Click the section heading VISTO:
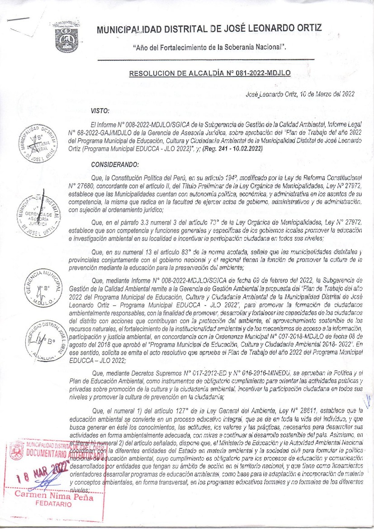(x=100, y=110)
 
